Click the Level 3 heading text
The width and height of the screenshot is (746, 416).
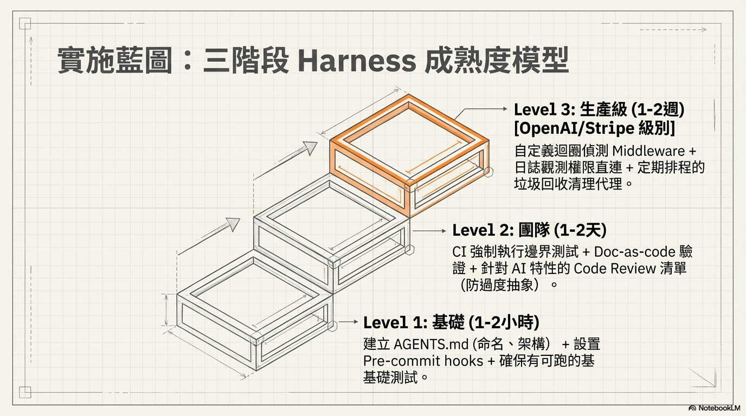[599, 109]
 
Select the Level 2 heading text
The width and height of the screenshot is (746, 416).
[529, 230]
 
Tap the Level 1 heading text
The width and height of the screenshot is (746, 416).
[451, 322]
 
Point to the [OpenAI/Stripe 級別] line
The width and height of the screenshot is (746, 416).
[594, 128]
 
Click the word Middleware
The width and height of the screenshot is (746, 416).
[648, 151]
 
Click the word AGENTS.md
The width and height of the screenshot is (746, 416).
[431, 344]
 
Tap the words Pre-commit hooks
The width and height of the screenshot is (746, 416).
[423, 361]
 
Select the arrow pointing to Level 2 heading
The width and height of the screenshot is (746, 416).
[429, 231]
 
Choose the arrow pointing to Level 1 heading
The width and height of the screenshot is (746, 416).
[348, 322]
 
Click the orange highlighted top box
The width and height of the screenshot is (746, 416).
[409, 156]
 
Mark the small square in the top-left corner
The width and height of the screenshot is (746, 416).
[25, 24]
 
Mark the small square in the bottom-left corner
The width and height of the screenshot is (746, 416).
[25, 392]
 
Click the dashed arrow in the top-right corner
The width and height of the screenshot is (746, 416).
[673, 30]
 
